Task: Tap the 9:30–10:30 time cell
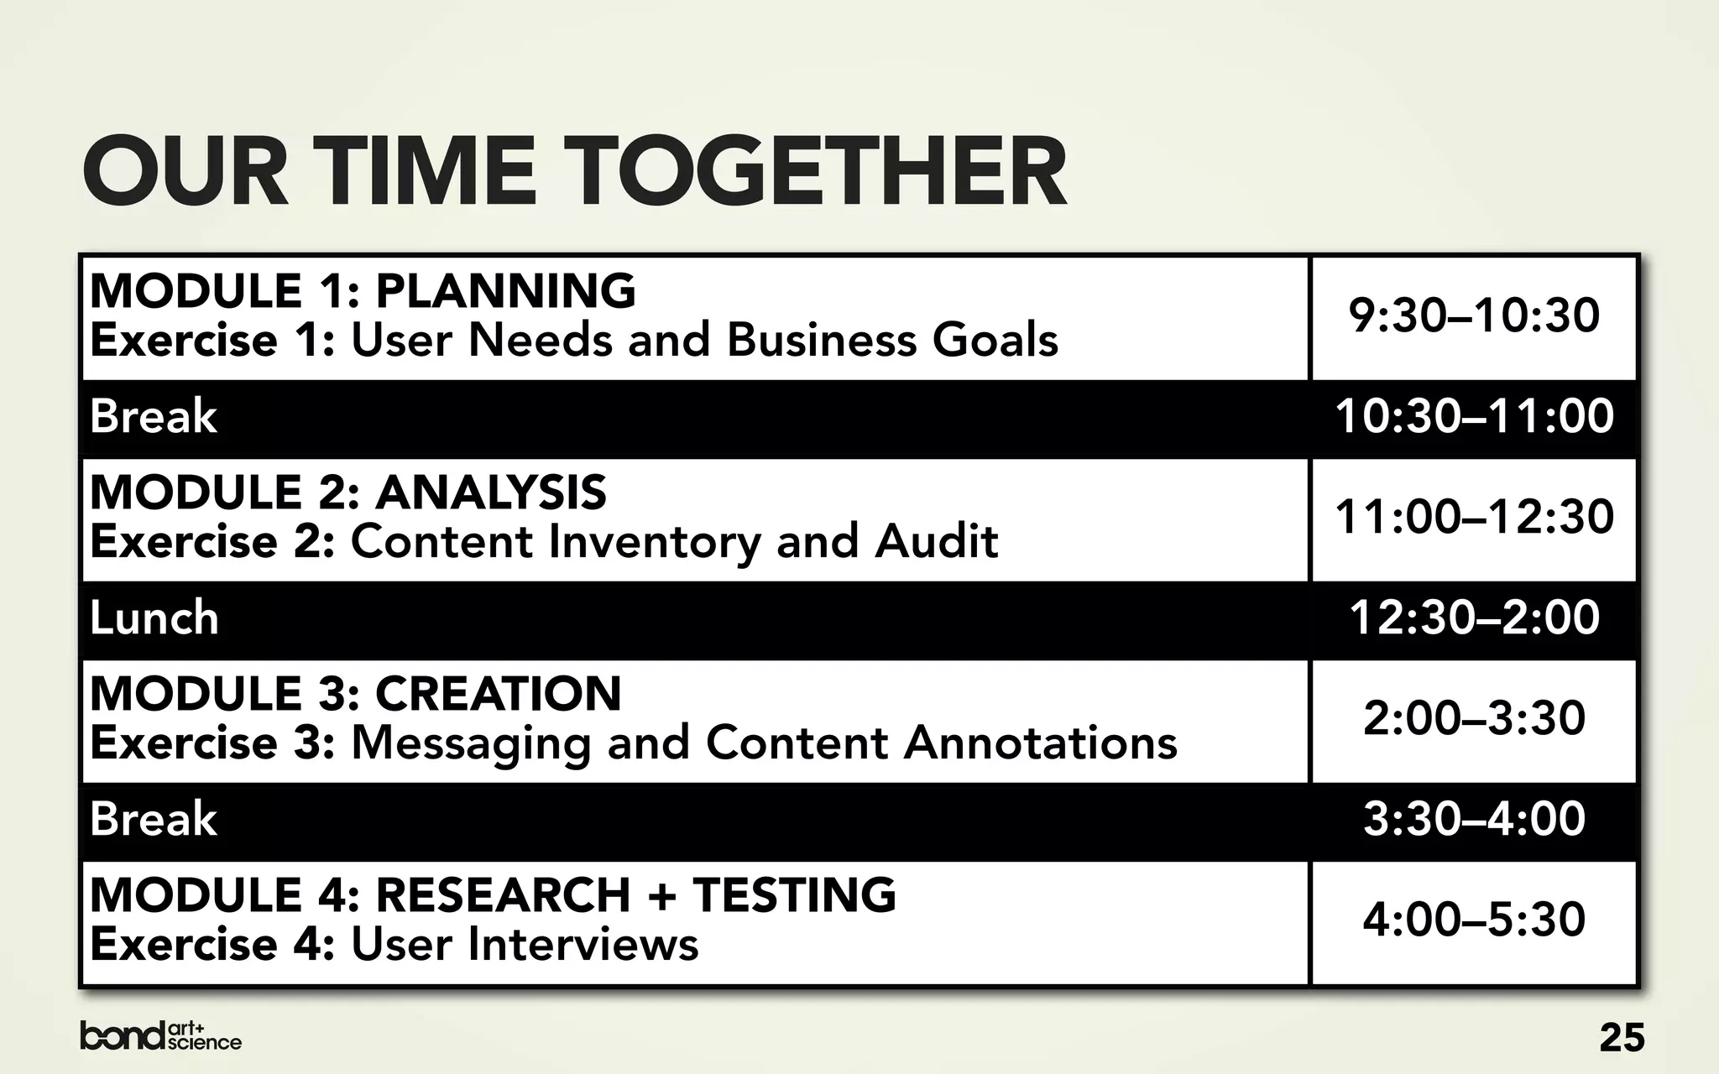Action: [x=1474, y=316]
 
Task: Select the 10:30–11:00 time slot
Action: [x=1474, y=417]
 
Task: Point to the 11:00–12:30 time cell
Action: [x=1474, y=517]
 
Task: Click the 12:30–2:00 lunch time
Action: [x=1474, y=618]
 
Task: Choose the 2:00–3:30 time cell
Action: [x=1474, y=719]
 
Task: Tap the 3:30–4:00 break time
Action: [x=1474, y=819]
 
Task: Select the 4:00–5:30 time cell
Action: [x=1474, y=920]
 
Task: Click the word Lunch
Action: [x=154, y=618]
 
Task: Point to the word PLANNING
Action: [x=505, y=291]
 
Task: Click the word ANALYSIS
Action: [x=490, y=493]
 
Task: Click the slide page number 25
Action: [x=1622, y=1038]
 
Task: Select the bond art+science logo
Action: [x=160, y=1036]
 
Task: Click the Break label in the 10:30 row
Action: [x=154, y=417]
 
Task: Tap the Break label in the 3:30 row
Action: [x=154, y=819]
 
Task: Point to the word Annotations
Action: [x=1041, y=743]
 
